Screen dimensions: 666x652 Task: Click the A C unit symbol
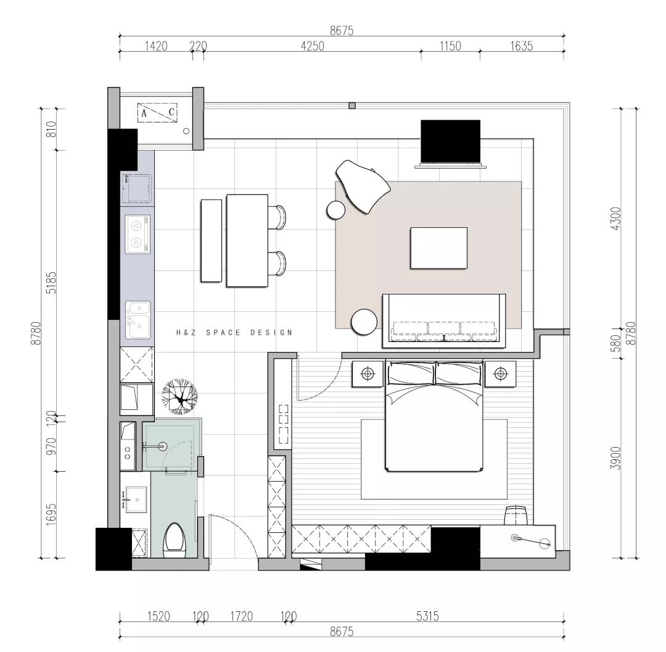(157, 113)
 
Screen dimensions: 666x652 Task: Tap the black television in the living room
(450, 141)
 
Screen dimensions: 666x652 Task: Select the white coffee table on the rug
(439, 248)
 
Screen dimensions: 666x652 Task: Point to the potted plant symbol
(179, 397)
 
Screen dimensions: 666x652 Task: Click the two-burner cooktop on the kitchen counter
(137, 235)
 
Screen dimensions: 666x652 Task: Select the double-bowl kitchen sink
(138, 320)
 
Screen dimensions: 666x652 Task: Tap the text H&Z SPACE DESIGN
(234, 333)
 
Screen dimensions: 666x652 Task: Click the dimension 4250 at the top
(312, 46)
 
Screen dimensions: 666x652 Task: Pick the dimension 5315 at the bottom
(427, 616)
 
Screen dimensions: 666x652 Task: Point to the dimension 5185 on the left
(51, 283)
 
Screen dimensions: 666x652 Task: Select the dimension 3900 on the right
(615, 458)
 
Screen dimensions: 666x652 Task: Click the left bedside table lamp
(368, 374)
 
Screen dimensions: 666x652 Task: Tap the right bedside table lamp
(501, 374)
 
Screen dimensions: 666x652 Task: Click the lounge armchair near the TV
(363, 186)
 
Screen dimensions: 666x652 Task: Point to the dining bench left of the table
(211, 241)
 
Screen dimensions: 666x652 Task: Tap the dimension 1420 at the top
(156, 46)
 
